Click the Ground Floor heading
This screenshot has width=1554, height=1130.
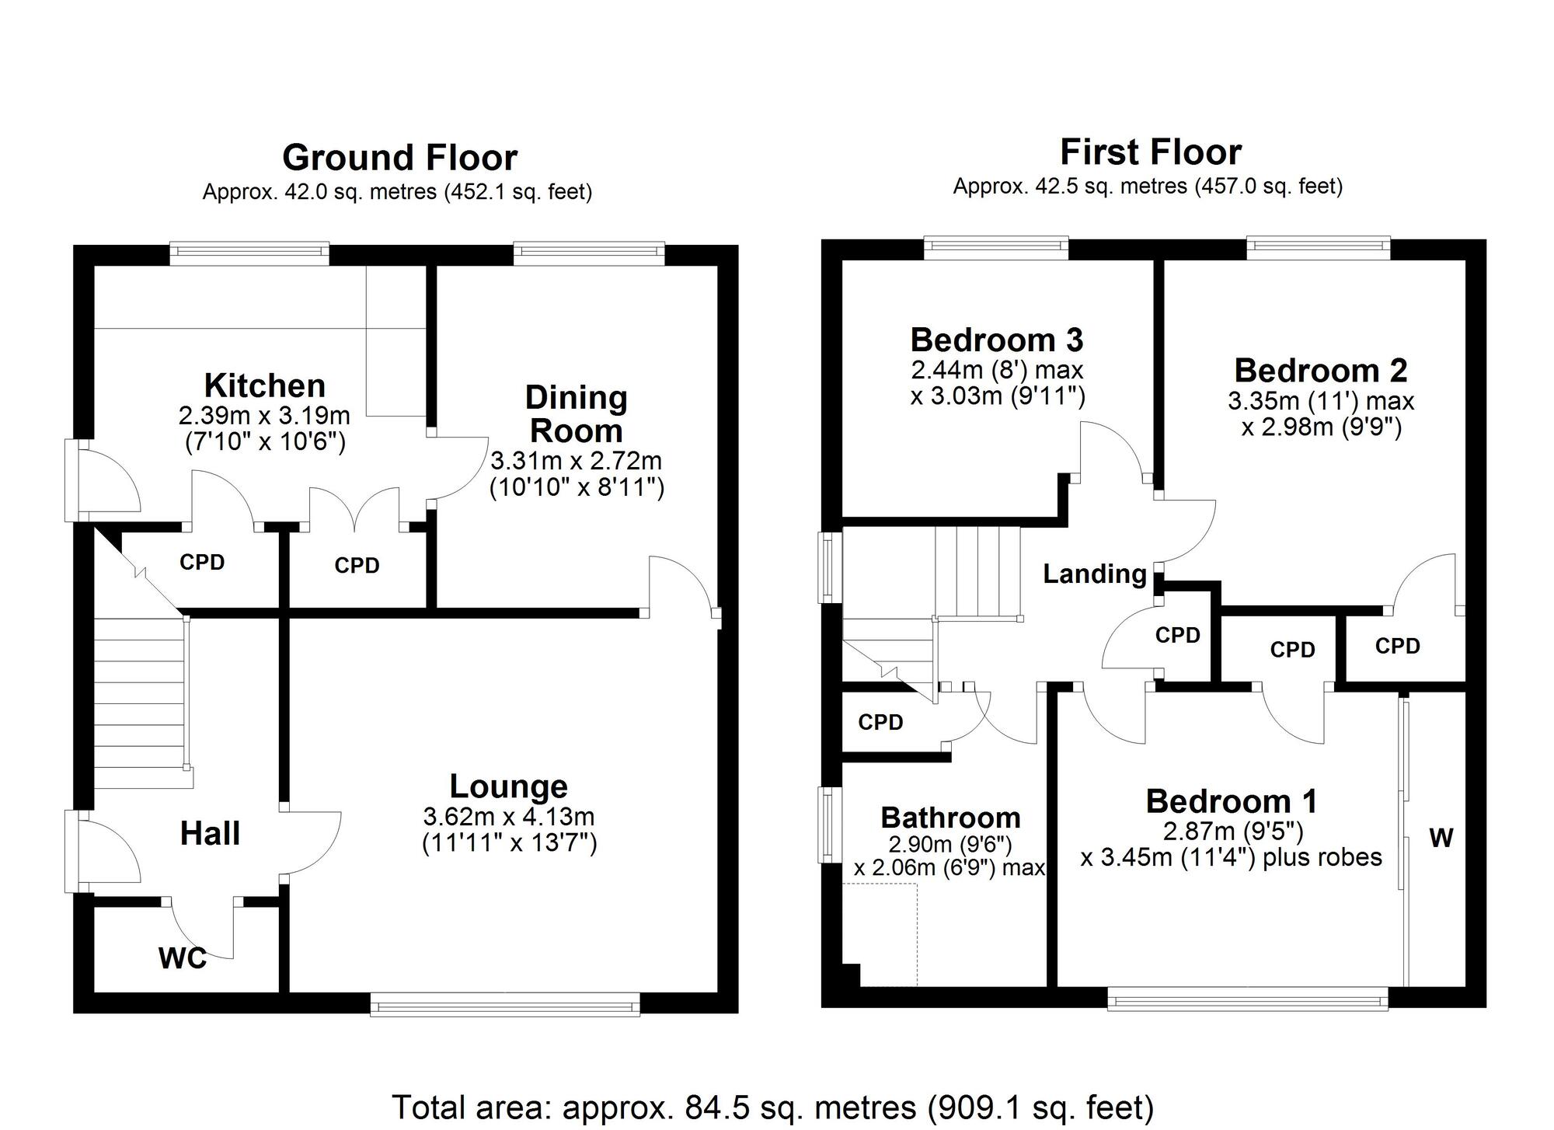tap(399, 158)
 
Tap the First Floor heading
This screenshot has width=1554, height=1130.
tap(1150, 152)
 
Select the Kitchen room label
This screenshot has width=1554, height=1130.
tap(264, 385)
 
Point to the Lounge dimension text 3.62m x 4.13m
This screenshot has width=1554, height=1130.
tap(509, 817)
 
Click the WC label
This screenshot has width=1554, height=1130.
tap(183, 958)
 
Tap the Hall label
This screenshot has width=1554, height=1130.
tap(210, 834)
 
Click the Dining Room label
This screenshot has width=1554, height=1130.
tap(576, 413)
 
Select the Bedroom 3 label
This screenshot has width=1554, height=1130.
tap(996, 340)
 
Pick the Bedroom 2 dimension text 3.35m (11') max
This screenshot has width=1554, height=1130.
tap(1321, 401)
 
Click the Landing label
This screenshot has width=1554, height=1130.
tap(1094, 574)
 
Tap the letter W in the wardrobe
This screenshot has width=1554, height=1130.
tap(1441, 838)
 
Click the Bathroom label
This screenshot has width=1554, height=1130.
tap(950, 818)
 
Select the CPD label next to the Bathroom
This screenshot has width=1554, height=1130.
tap(880, 723)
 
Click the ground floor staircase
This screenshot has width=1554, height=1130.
tap(140, 692)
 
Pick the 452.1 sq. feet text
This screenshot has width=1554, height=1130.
tap(517, 192)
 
